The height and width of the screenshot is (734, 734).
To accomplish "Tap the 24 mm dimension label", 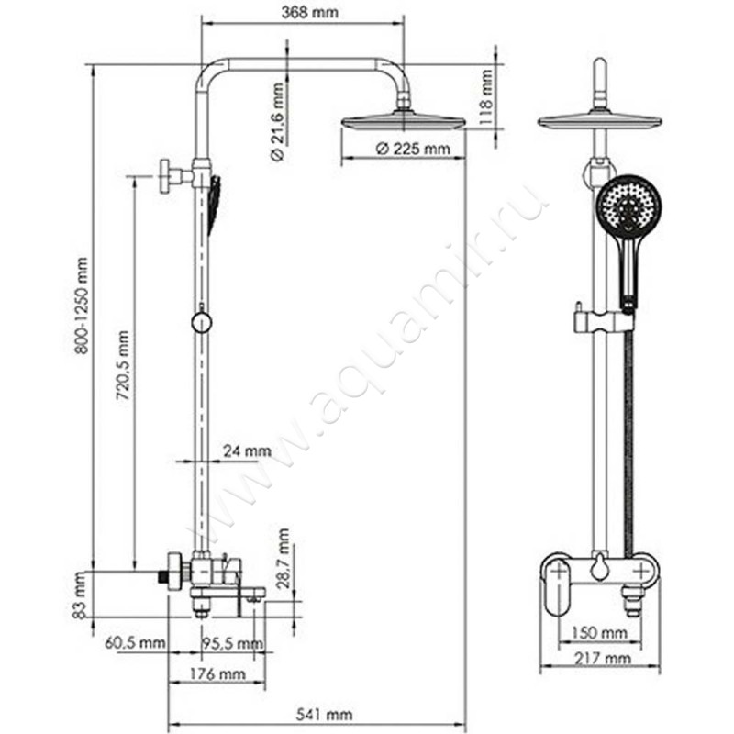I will coord(248,450).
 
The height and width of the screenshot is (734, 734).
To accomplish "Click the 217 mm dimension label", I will coord(606,658).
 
